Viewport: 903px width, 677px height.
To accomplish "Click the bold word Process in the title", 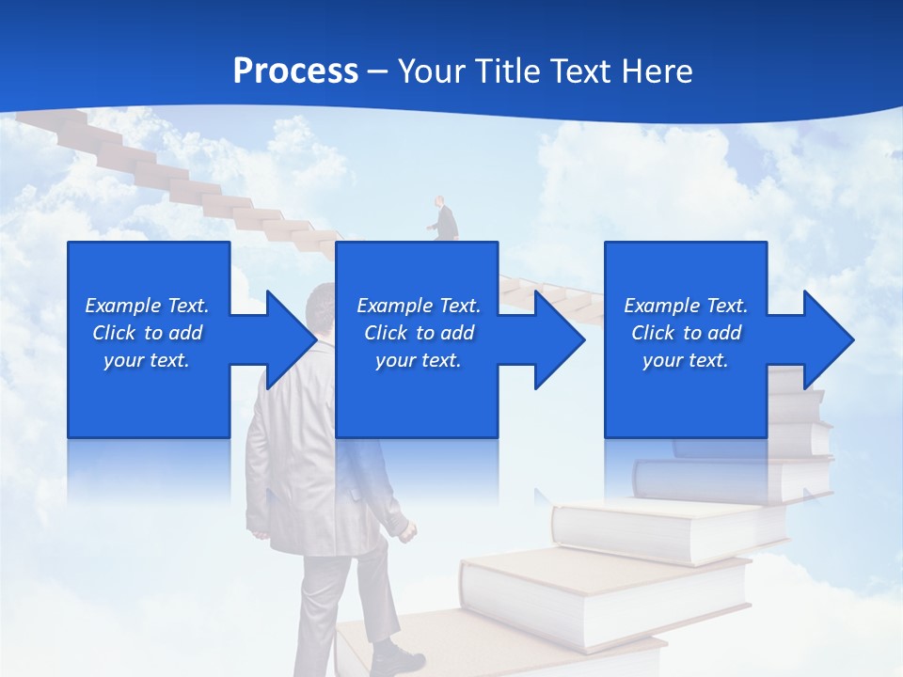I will click(295, 71).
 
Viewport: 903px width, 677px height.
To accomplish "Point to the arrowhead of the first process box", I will click(292, 339).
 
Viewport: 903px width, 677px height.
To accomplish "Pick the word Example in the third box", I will click(662, 306).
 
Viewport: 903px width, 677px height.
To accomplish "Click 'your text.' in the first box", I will click(147, 360).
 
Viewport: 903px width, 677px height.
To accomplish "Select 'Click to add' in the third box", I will click(686, 333).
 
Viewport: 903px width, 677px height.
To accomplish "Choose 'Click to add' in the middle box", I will click(419, 333).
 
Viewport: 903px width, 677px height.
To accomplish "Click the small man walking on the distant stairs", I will click(444, 222).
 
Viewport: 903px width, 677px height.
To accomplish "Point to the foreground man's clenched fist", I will click(406, 534).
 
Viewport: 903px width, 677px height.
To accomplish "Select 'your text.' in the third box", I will click(686, 360).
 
